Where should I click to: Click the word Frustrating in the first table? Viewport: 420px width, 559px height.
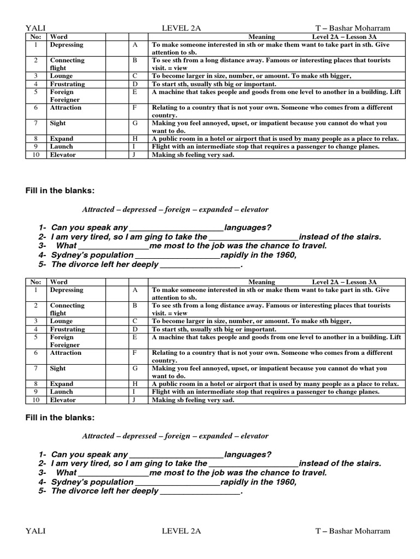coord(67,84)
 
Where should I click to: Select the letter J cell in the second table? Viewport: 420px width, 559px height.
coord(135,400)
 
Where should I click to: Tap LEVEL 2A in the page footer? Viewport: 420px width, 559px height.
coord(181,531)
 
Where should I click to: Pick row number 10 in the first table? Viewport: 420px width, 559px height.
coord(36,154)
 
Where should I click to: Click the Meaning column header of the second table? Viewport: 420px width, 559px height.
coord(261,282)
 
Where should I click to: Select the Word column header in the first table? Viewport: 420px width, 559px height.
coord(59,37)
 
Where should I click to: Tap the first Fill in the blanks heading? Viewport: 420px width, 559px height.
coord(60,190)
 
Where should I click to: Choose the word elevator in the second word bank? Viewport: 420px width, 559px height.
coord(252,436)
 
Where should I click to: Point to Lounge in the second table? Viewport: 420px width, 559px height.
coord(61,321)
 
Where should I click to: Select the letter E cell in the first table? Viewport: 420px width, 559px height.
coord(135,92)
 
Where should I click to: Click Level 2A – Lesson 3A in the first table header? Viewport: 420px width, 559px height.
coord(345,37)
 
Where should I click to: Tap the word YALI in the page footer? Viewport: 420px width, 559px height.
coord(36,531)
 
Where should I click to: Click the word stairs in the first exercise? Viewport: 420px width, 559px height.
coord(367,236)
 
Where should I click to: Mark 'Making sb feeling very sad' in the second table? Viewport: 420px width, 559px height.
coord(193,400)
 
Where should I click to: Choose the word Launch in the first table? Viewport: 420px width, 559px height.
coord(61,146)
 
